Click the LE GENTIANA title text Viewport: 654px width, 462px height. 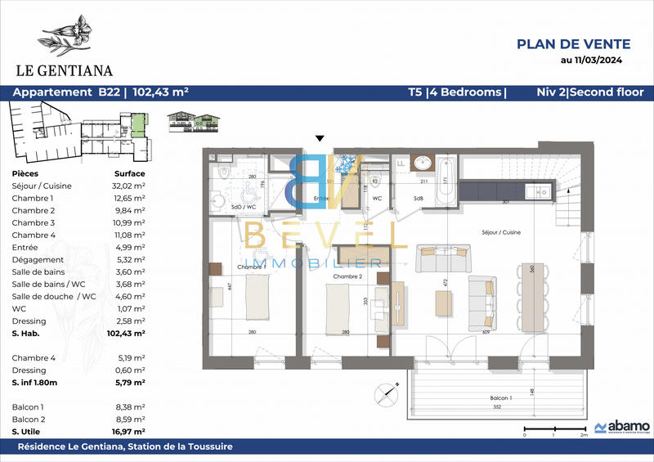point(62,70)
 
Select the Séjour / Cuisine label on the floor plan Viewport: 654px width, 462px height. point(502,233)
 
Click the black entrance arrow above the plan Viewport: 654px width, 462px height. point(320,139)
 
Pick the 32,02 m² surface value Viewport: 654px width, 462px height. point(128,186)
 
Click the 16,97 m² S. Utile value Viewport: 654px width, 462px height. point(128,431)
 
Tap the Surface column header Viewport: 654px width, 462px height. point(128,173)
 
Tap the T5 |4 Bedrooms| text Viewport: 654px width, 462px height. point(457,92)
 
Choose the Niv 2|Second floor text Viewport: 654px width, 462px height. point(589,92)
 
